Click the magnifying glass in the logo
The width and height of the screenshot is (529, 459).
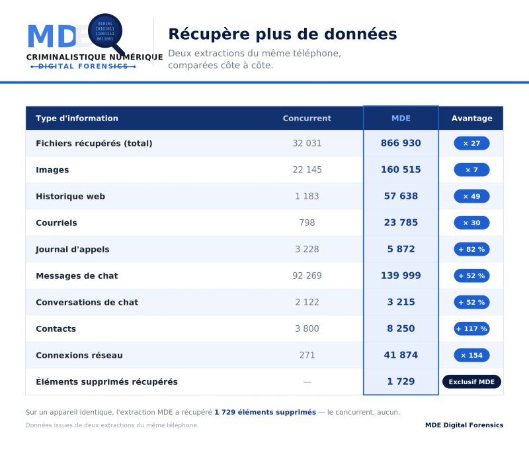pyautogui.click(x=106, y=32)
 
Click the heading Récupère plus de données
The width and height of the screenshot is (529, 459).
pyautogui.click(x=282, y=34)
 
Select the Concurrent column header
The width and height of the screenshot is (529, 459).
pyautogui.click(x=307, y=119)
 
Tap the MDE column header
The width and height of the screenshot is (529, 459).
pyautogui.click(x=401, y=119)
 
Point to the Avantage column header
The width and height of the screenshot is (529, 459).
pyautogui.click(x=471, y=119)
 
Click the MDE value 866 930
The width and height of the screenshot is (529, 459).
pyautogui.click(x=401, y=143)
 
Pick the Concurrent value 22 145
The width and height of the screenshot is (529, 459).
pyautogui.click(x=307, y=170)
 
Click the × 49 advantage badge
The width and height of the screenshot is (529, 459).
pyautogui.click(x=471, y=196)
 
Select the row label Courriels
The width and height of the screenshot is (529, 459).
pyautogui.click(x=56, y=223)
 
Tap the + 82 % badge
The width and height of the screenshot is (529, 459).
pyautogui.click(x=471, y=250)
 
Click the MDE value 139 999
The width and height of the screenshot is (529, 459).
pyautogui.click(x=401, y=276)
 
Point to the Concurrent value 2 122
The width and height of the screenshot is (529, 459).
pyautogui.click(x=307, y=302)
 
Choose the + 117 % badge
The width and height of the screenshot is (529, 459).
pyautogui.click(x=471, y=329)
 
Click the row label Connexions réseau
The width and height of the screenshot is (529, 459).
pyautogui.click(x=79, y=355)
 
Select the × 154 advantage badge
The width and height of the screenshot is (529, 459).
pyautogui.click(x=471, y=355)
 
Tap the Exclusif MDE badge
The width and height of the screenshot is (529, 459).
pyautogui.click(x=471, y=382)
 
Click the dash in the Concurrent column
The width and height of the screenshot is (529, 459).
pyautogui.click(x=307, y=382)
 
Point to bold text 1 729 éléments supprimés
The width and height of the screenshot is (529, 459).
pyautogui.click(x=265, y=413)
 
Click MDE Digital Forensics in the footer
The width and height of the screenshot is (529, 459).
pyautogui.click(x=464, y=425)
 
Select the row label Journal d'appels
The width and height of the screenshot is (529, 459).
pyautogui.click(x=73, y=250)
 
